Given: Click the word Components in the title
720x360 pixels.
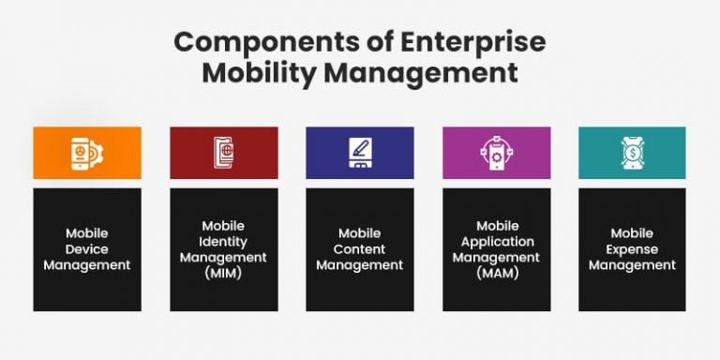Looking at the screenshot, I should tap(246, 42).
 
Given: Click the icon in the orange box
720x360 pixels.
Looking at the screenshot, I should tap(87, 153).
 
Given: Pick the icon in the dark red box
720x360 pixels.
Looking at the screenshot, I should tap(223, 153).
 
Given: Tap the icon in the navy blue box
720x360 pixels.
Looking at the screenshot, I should tap(359, 153).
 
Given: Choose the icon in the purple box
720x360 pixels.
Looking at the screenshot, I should tap(496, 153).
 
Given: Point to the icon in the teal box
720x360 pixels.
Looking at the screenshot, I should tap(632, 153).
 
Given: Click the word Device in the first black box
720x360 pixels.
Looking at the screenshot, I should tap(87, 249).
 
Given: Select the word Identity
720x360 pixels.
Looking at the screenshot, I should tap(223, 241).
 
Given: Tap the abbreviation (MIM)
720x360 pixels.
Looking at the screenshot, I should tap(223, 273).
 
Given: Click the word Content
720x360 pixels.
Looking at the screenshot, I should tap(360, 249).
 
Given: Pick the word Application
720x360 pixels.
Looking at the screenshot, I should tap(497, 241).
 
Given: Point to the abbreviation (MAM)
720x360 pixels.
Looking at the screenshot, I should tap(497, 273).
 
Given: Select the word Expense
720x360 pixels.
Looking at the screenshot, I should tap(632, 249).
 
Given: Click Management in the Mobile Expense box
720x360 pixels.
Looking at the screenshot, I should tap(632, 265).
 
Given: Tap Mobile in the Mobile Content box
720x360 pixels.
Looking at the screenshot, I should tap(360, 233).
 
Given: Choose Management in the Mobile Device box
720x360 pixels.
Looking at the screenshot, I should tap(87, 265).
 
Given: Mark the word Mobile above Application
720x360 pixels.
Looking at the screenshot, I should tap(497, 226).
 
